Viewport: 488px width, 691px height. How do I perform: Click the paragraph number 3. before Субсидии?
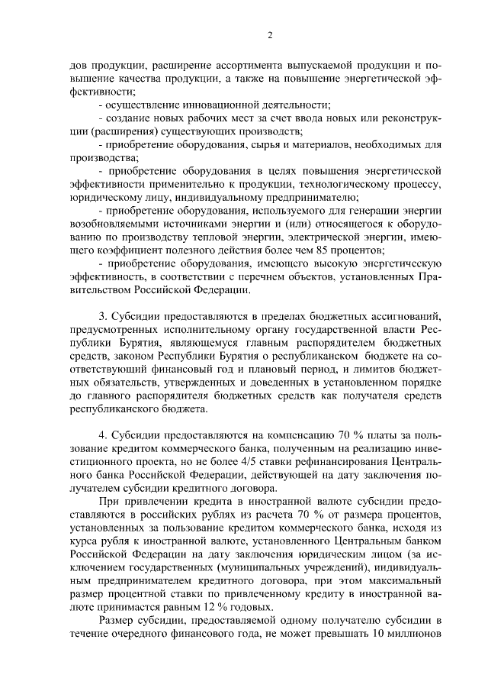point(104,315)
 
